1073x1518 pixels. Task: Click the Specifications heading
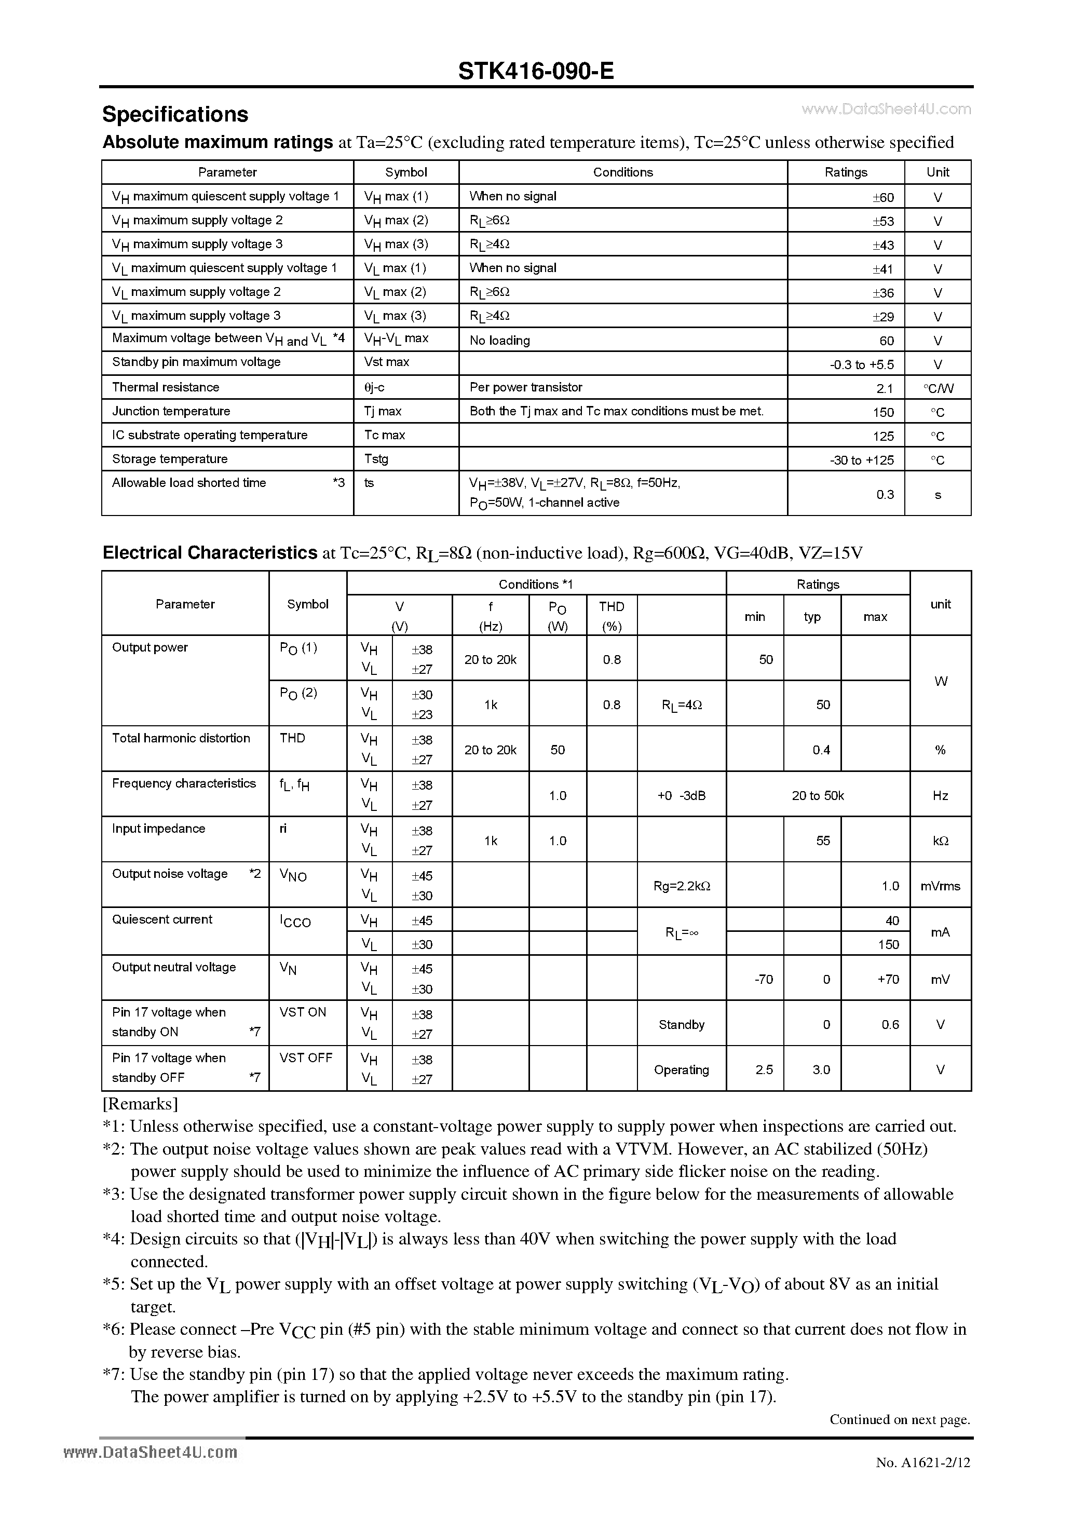(175, 114)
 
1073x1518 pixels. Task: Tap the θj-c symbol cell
(374, 387)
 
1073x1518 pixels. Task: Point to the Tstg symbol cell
(376, 459)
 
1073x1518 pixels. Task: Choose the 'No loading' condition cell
(500, 341)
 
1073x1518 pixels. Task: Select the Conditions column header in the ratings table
(623, 172)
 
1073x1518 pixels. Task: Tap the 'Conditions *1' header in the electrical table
(536, 585)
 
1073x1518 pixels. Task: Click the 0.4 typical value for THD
(821, 750)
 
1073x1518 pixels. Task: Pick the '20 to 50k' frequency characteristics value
(818, 795)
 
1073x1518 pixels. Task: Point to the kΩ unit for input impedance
(940, 841)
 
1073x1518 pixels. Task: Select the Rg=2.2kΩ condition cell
(682, 886)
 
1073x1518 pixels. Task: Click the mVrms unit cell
(940, 886)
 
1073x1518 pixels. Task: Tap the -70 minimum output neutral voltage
(764, 979)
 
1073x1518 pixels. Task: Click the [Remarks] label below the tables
(140, 1104)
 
